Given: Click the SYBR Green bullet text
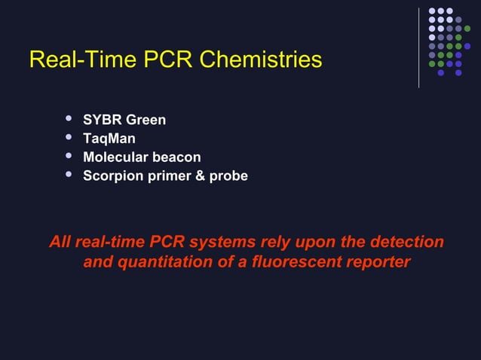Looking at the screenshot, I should (x=124, y=121).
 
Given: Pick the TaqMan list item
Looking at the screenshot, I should (x=109, y=139).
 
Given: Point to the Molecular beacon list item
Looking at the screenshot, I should (x=142, y=157).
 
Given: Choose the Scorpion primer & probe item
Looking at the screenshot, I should (x=165, y=176).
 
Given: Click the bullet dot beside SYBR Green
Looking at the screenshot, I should (x=69, y=119).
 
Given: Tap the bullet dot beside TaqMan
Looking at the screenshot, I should (x=69, y=138).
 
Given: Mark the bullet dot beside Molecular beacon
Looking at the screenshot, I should (x=69, y=157).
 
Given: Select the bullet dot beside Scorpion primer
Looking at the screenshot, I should (x=69, y=175).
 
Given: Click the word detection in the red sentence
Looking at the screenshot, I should (x=406, y=243).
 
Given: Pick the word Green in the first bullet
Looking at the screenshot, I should (x=146, y=121).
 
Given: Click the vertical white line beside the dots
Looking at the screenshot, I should (x=418, y=47).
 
